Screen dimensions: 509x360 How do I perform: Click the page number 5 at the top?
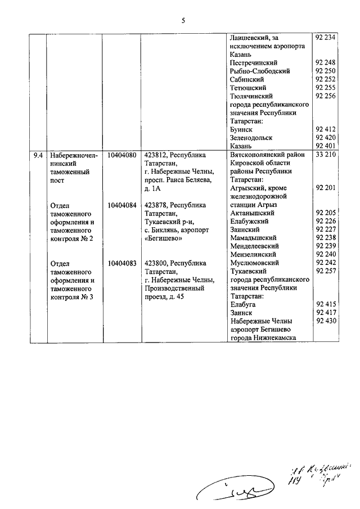pyautogui.click(x=183, y=21)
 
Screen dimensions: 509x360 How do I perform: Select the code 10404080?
pyautogui.click(x=120, y=155)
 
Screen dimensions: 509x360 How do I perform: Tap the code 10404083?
pyautogui.click(x=120, y=263)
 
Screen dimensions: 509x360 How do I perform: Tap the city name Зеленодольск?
pyautogui.click(x=251, y=138)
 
